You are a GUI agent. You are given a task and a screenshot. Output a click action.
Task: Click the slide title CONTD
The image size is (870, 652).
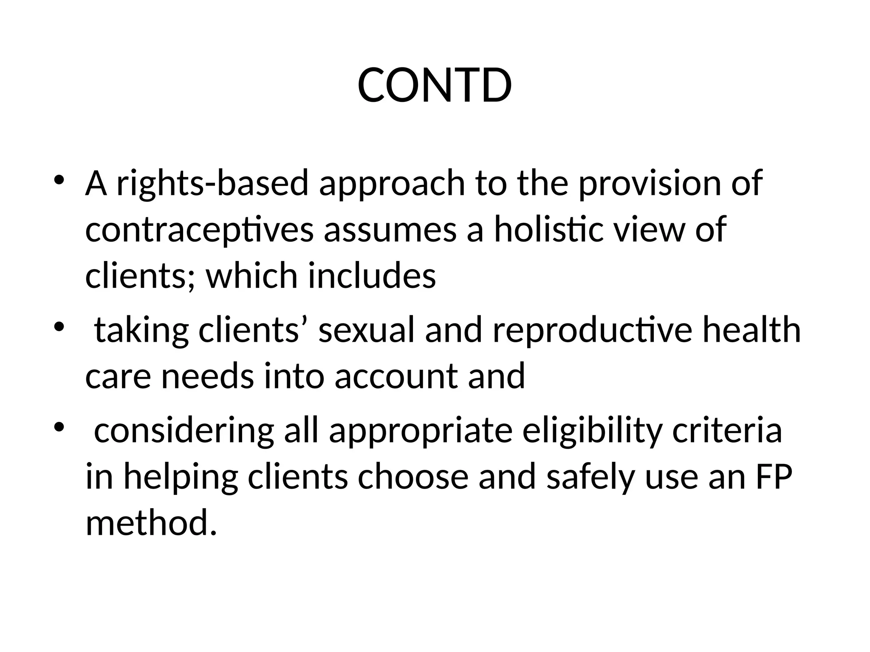coord(435,86)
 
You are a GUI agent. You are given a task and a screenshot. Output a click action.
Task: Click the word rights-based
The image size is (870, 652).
coord(212,183)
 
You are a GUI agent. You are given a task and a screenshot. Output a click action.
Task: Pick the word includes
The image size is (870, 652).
coord(372,275)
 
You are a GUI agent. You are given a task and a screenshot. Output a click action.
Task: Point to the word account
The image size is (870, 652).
coord(396,377)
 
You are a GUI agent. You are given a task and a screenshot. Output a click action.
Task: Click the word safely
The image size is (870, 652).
coord(590,477)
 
